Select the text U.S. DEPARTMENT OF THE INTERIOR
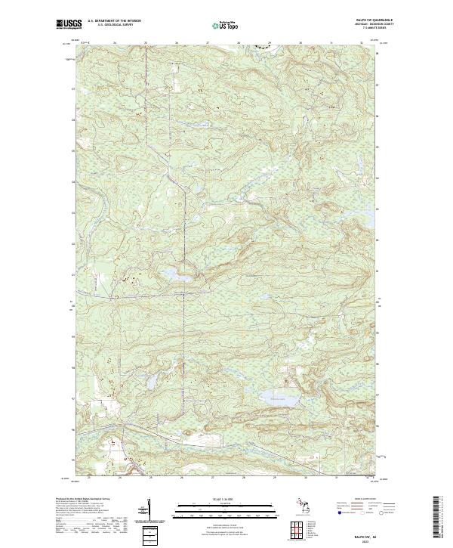[116, 20]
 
